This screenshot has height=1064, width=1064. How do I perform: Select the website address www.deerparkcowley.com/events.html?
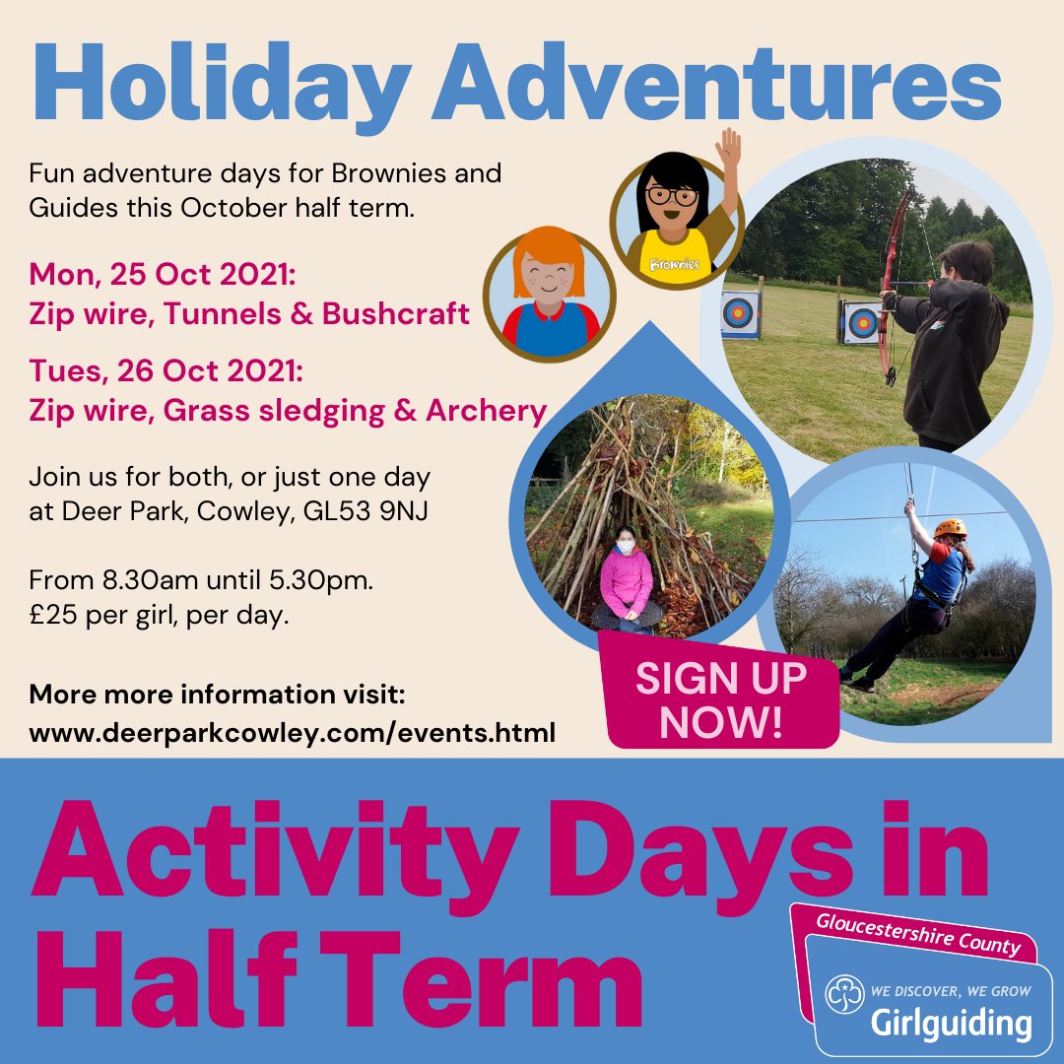point(293,733)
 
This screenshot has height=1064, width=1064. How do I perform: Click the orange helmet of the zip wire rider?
point(951,528)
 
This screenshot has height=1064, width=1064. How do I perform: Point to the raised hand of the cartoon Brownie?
point(728,150)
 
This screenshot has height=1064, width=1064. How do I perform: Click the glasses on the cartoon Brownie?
point(672,195)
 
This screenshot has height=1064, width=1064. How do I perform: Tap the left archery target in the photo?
point(740,314)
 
